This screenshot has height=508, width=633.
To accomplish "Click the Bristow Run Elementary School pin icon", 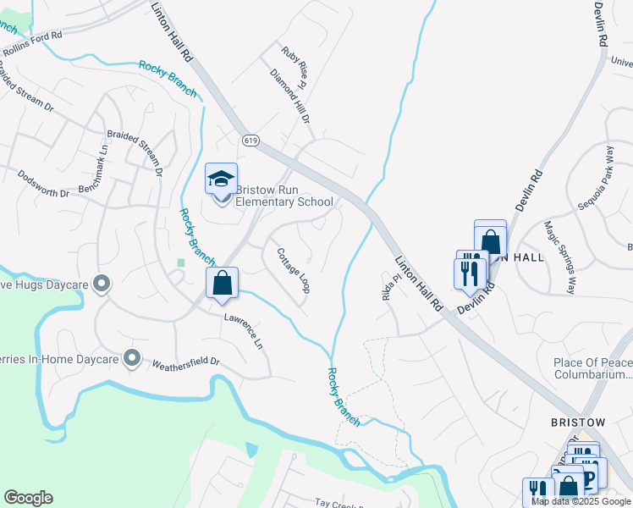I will (x=221, y=181).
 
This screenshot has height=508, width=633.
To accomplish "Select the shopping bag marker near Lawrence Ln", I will (x=222, y=284).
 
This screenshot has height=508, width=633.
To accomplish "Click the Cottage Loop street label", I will (x=293, y=270).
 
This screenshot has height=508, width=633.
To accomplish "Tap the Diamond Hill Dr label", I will (x=289, y=95).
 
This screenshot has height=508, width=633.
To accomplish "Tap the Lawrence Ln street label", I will (x=245, y=333).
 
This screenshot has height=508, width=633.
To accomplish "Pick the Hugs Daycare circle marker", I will (x=102, y=284).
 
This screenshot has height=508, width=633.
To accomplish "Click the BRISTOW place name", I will (x=578, y=422).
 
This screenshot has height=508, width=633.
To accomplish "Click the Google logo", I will (x=28, y=498).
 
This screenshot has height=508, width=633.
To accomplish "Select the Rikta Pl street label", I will (x=390, y=290).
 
